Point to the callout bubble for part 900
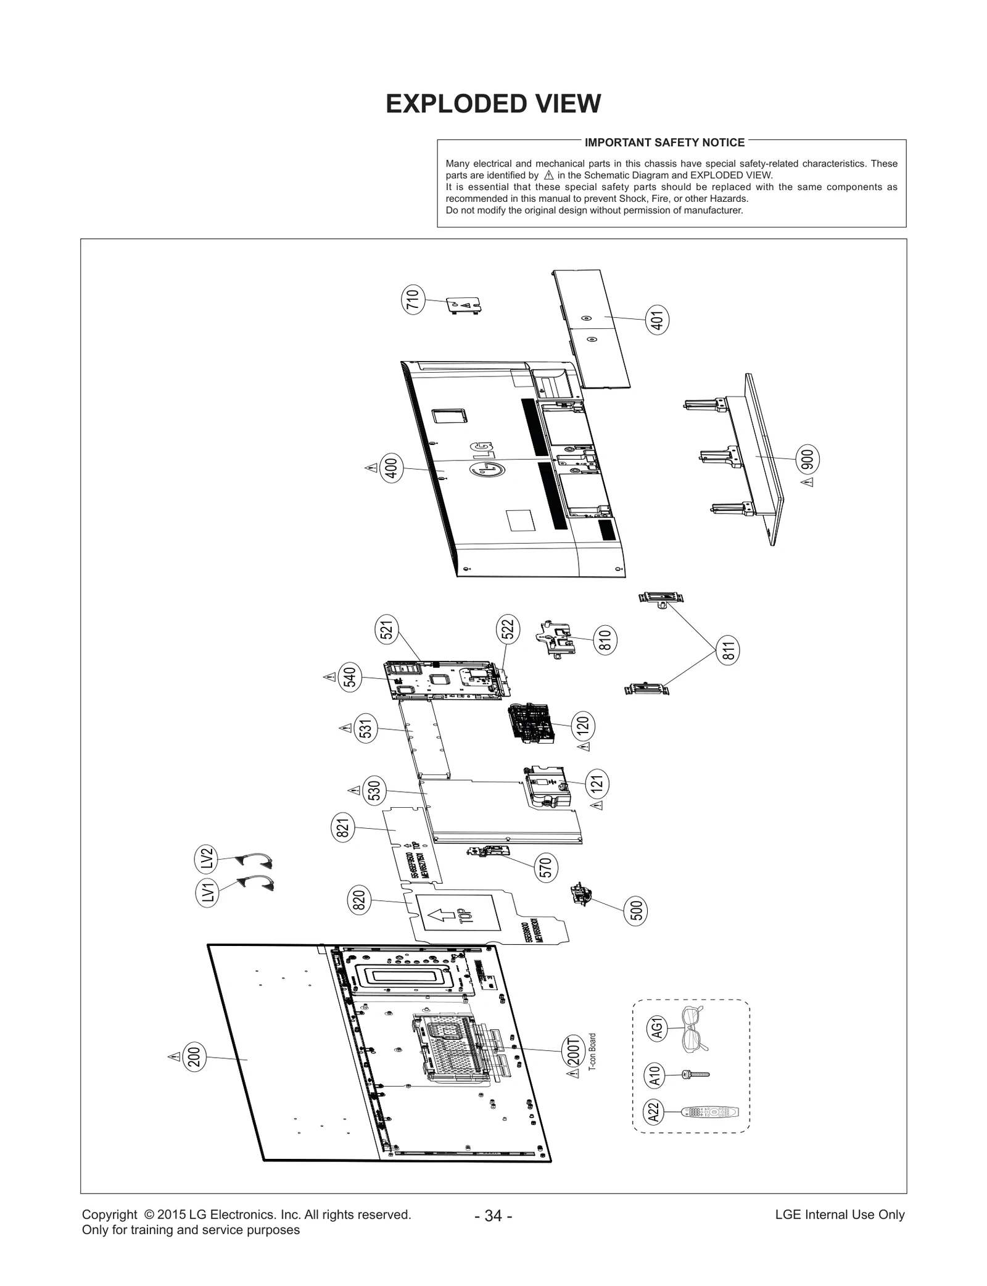pos(807,459)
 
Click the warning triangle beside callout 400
pos(371,468)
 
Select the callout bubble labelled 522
pos(508,629)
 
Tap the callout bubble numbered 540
pos(350,677)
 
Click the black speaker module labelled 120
pos(529,723)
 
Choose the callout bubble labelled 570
pos(546,867)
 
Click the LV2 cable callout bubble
pos(207,859)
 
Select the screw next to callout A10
pos(696,1075)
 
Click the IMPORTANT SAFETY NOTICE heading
pos(664,143)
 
